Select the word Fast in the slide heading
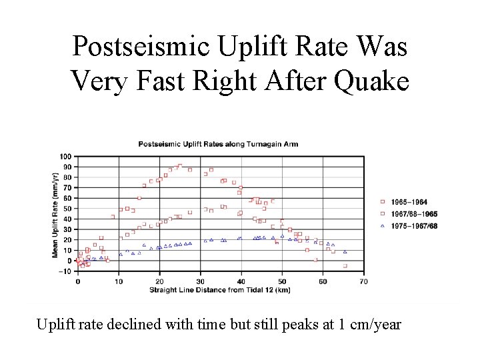(x=159, y=81)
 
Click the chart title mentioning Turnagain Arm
(x=218, y=144)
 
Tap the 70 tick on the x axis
(x=363, y=282)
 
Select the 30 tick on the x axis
(x=200, y=282)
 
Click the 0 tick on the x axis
(x=78, y=282)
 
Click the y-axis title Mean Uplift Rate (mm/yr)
(x=57, y=213)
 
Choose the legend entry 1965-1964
(x=409, y=201)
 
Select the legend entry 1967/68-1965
(x=413, y=214)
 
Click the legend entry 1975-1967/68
(x=413, y=226)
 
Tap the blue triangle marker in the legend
(x=383, y=226)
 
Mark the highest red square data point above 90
(x=180, y=165)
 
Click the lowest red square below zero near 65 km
(x=345, y=266)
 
